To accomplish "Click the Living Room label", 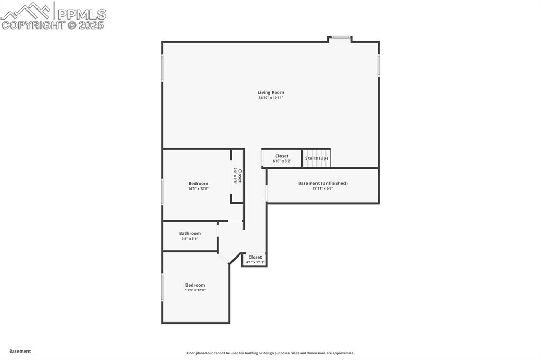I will tap(270, 92).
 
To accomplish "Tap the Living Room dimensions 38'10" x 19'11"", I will tap(270, 98).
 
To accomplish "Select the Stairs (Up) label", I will tap(316, 158).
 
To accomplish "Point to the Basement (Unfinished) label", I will tap(322, 183).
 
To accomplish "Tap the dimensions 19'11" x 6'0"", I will tap(322, 188).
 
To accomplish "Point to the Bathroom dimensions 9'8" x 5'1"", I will tap(190, 239).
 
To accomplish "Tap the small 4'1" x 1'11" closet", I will tap(255, 259).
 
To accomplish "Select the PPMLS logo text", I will tap(81, 14).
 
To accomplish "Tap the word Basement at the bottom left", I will tap(20, 351).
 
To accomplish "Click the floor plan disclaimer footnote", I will tap(270, 353).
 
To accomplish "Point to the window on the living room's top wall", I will tap(341, 37).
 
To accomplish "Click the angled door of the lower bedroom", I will tap(223, 257).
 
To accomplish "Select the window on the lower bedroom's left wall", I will tap(162, 287).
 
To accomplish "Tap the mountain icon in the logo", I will tap(26, 10).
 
